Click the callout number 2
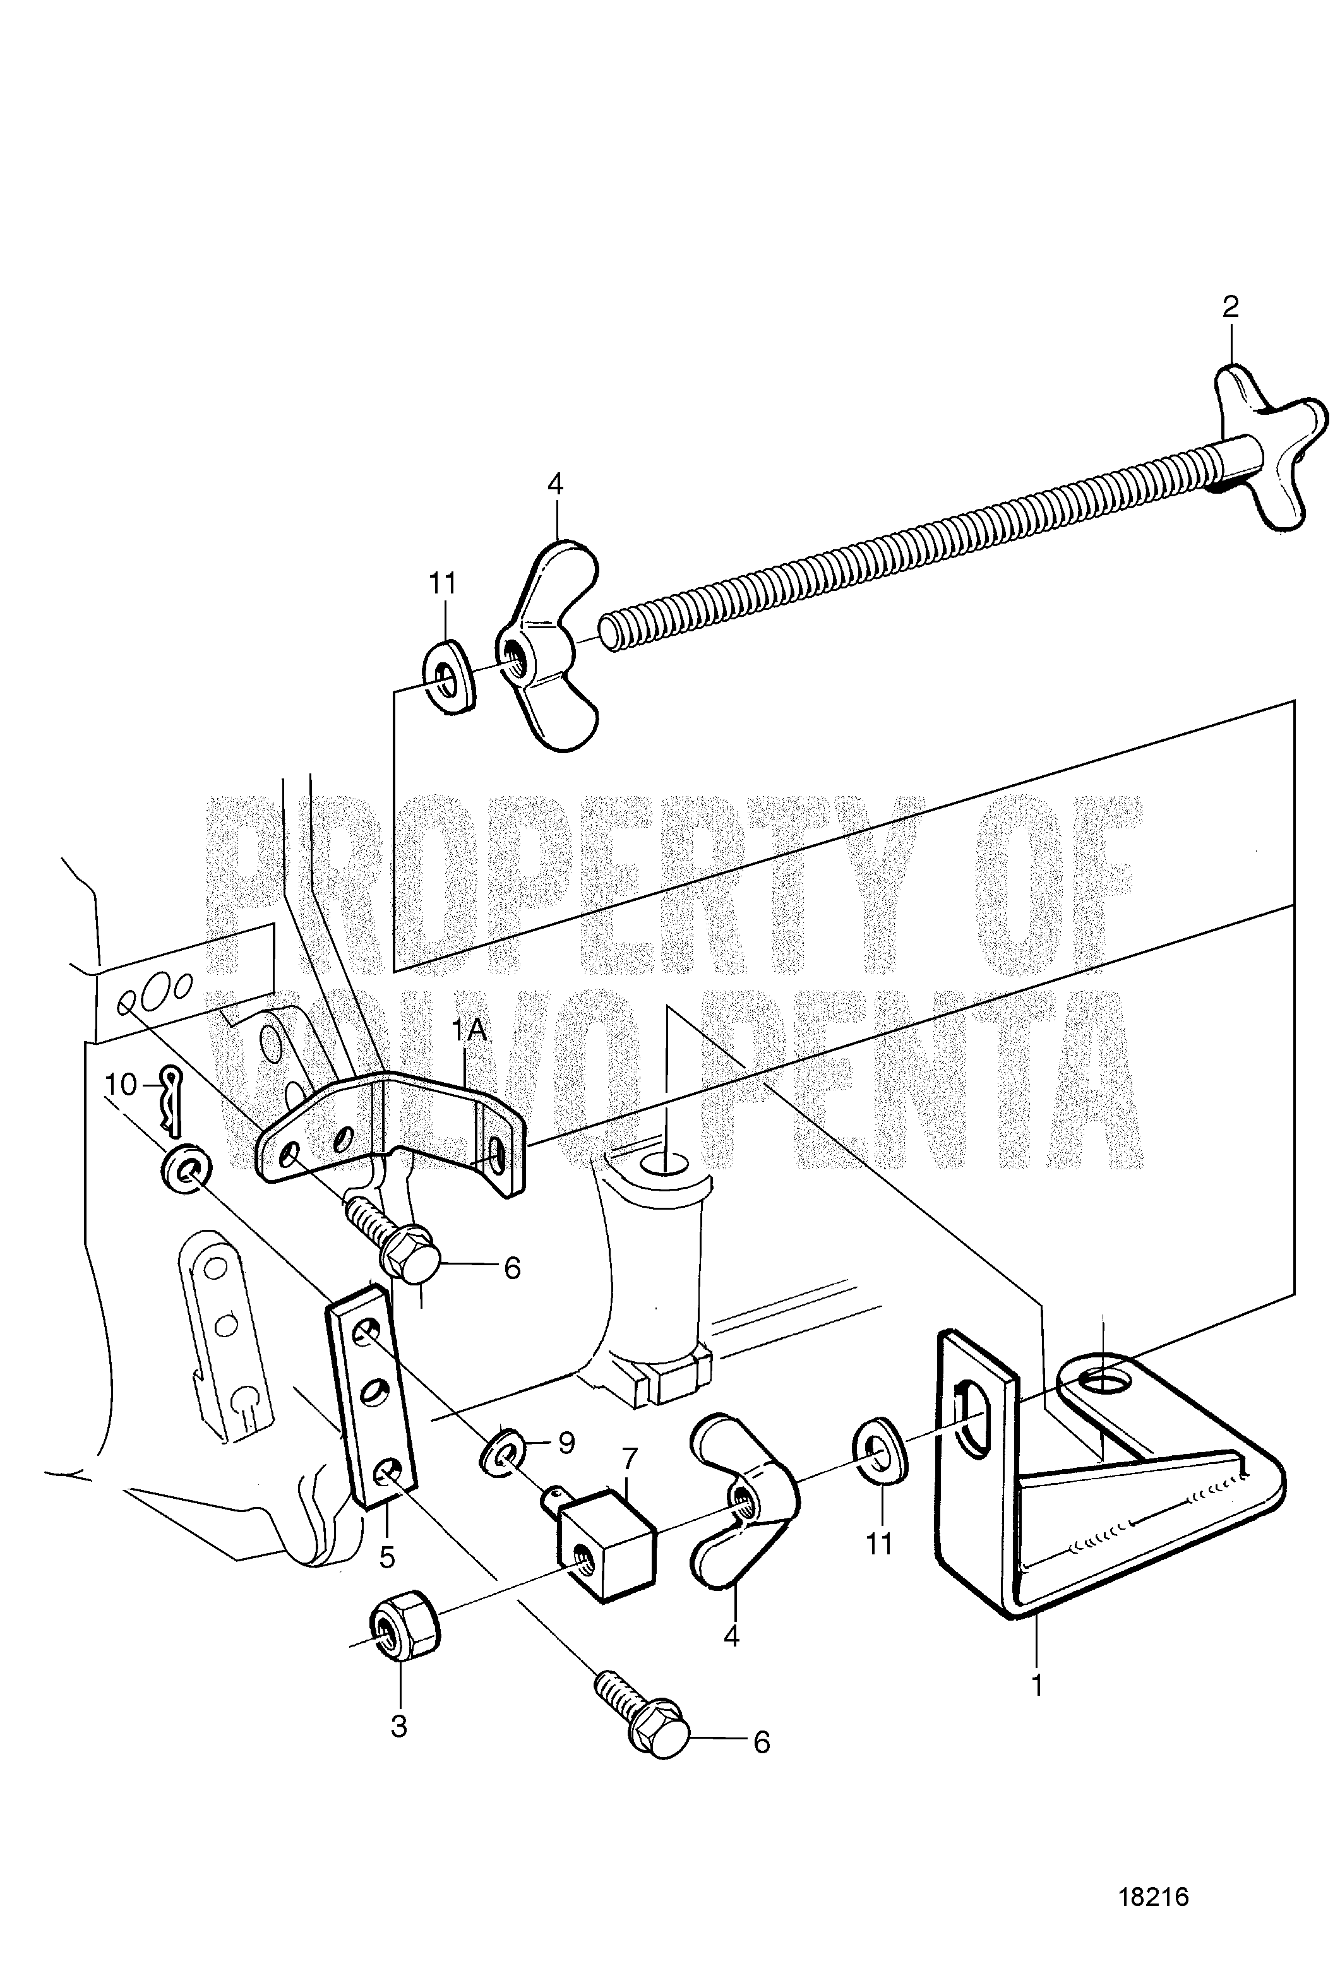click(1230, 306)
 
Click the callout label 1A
click(469, 1031)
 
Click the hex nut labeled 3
click(405, 1628)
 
